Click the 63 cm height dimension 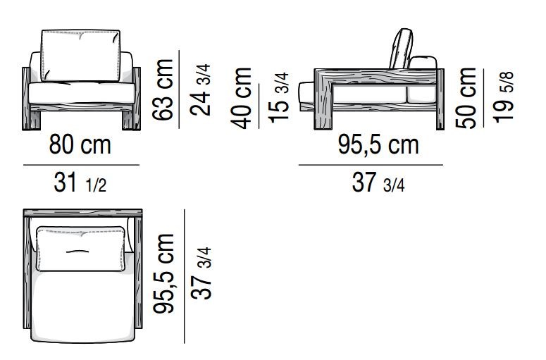click(x=163, y=90)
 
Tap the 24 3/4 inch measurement click(x=201, y=90)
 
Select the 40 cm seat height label click(x=242, y=98)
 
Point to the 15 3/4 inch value click(x=279, y=98)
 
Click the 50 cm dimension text click(x=466, y=98)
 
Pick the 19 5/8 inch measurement click(x=503, y=97)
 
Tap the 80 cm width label click(x=80, y=144)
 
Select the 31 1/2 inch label click(x=80, y=182)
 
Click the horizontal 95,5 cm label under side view click(x=378, y=144)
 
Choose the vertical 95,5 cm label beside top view click(x=163, y=273)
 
